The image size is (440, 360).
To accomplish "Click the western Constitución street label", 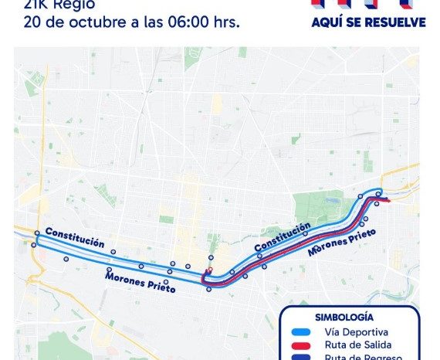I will pos(75,237).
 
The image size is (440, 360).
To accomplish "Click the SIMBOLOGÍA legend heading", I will pos(344,317).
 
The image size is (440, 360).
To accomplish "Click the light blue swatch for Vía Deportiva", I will pos(300,331).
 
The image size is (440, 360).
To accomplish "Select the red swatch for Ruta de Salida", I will pos(300,345).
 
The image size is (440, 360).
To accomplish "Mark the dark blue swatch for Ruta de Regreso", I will pos(300,356).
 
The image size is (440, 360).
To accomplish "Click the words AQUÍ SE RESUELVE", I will pos(368,22).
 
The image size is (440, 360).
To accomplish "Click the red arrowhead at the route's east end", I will pos(387,200).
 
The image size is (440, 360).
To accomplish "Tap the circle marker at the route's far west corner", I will pos(37,233).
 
